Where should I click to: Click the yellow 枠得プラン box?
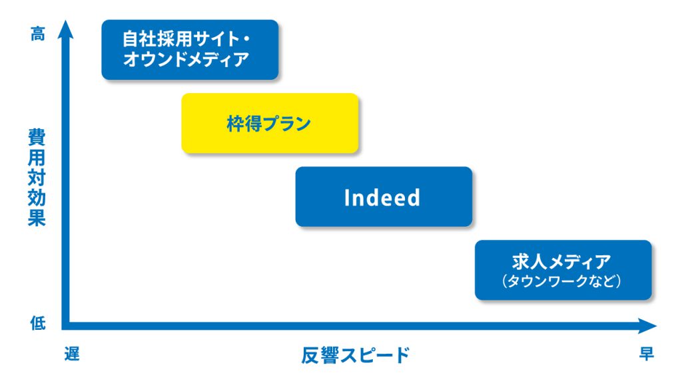pyautogui.click(x=270, y=123)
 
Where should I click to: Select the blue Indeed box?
pyautogui.click(x=384, y=197)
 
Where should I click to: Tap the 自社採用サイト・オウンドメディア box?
pyautogui.click(x=190, y=49)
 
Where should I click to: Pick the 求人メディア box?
pyautogui.click(x=563, y=270)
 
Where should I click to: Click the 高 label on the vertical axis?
pyautogui.click(x=38, y=33)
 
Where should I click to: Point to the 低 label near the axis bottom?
pyautogui.click(x=38, y=323)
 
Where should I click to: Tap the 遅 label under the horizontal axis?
pyautogui.click(x=72, y=354)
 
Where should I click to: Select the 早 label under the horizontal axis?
pyautogui.click(x=646, y=354)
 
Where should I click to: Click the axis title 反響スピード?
pyautogui.click(x=356, y=355)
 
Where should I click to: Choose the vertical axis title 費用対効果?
pyautogui.click(x=37, y=177)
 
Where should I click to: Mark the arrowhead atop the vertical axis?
pyautogui.click(x=66, y=29)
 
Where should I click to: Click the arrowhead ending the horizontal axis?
pyautogui.click(x=647, y=326)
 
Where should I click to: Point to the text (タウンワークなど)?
pyautogui.click(x=561, y=281)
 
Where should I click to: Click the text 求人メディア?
pyautogui.click(x=561, y=262)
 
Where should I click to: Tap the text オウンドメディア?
pyautogui.click(x=186, y=59)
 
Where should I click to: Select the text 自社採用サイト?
pyautogui.click(x=180, y=39)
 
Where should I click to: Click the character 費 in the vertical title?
pyautogui.click(x=37, y=137)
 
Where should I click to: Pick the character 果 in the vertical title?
pyautogui.click(x=37, y=217)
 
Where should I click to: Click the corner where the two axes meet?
pyautogui.click(x=66, y=326)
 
